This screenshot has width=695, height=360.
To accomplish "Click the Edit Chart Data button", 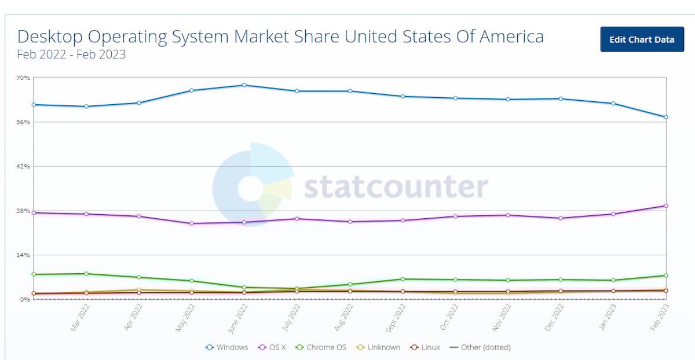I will pyautogui.click(x=642, y=39).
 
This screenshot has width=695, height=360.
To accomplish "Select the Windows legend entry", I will pyautogui.click(x=227, y=347).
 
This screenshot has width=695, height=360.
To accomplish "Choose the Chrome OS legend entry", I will pyautogui.click(x=322, y=347).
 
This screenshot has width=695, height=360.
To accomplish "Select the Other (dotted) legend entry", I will pyautogui.click(x=480, y=347).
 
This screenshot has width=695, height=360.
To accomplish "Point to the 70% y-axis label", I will pyautogui.click(x=23, y=78).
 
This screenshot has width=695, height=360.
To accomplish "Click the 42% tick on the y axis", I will pyautogui.click(x=23, y=166).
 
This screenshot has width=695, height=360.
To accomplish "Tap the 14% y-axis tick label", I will pyautogui.click(x=23, y=255).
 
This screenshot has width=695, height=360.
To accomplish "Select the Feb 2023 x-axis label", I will pyautogui.click(x=659, y=317).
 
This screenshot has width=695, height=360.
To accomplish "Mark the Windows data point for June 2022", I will pyautogui.click(x=244, y=85).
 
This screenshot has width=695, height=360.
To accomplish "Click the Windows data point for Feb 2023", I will pyautogui.click(x=666, y=117).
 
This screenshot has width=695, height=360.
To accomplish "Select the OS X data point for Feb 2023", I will pyautogui.click(x=666, y=205).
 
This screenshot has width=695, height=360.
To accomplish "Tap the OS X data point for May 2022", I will pyautogui.click(x=192, y=223).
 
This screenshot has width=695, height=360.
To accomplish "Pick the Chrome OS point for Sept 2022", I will pyautogui.click(x=403, y=279).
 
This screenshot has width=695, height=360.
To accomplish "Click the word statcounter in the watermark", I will pyautogui.click(x=396, y=187).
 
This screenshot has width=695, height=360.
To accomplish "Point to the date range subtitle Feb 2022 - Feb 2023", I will pyautogui.click(x=71, y=55).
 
